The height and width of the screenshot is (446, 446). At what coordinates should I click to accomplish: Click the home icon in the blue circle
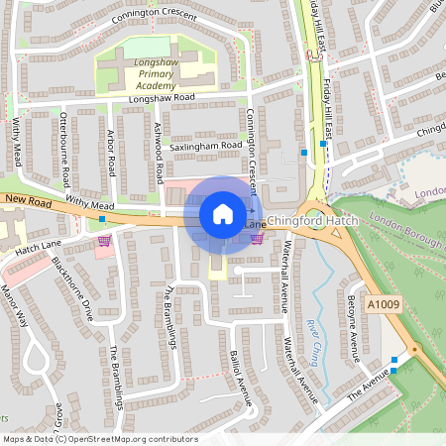(x=223, y=214)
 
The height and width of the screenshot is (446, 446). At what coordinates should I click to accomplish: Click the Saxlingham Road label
(x=206, y=146)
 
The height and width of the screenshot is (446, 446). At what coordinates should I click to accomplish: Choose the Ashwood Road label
(x=159, y=155)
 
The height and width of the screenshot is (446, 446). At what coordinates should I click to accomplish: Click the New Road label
(x=26, y=200)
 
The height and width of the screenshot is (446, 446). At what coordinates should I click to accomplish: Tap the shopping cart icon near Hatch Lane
(x=105, y=241)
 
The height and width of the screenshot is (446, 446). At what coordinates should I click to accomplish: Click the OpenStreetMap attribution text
(x=100, y=439)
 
